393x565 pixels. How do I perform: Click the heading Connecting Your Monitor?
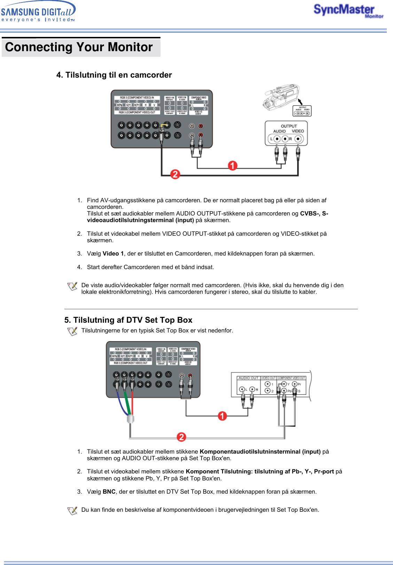click(x=79, y=47)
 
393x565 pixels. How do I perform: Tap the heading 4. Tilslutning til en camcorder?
click(x=114, y=75)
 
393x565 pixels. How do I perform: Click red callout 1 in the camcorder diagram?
click(x=233, y=166)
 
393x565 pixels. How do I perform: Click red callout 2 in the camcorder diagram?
click(x=175, y=174)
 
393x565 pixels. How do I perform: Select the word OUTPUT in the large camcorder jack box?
click(x=289, y=126)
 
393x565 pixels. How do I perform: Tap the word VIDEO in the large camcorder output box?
click(x=298, y=131)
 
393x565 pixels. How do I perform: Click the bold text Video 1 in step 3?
click(x=113, y=253)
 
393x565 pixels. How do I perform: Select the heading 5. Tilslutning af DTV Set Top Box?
click(x=128, y=320)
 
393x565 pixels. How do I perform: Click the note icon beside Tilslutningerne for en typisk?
click(x=72, y=331)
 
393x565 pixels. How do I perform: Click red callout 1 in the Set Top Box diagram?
click(x=222, y=416)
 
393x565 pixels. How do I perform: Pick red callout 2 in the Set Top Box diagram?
click(x=181, y=437)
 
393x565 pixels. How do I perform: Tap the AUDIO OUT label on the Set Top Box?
click(x=248, y=378)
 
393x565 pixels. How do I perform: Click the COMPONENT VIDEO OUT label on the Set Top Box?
click(x=291, y=378)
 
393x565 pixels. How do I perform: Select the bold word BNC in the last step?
click(x=109, y=492)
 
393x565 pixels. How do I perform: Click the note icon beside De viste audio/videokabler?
click(x=72, y=286)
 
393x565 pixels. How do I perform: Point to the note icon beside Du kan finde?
click(x=72, y=511)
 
